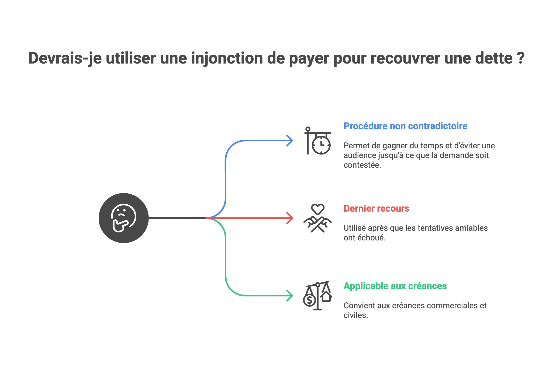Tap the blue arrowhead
pyautogui.click(x=291, y=141)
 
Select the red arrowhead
pyautogui.click(x=291, y=218)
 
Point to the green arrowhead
pyautogui.click(x=291, y=296)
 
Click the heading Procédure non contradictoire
pyautogui.click(x=405, y=126)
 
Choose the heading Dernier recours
pyautogui.click(x=376, y=208)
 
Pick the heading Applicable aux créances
pyautogui.click(x=395, y=286)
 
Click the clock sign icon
pyautogui.click(x=318, y=141)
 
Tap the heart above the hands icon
pyautogui.click(x=318, y=209)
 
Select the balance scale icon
pyautogui.click(x=317, y=296)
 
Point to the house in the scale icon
pyautogui.click(x=326, y=297)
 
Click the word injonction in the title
pyautogui.click(x=227, y=58)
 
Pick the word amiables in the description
pyautogui.click(x=471, y=228)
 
